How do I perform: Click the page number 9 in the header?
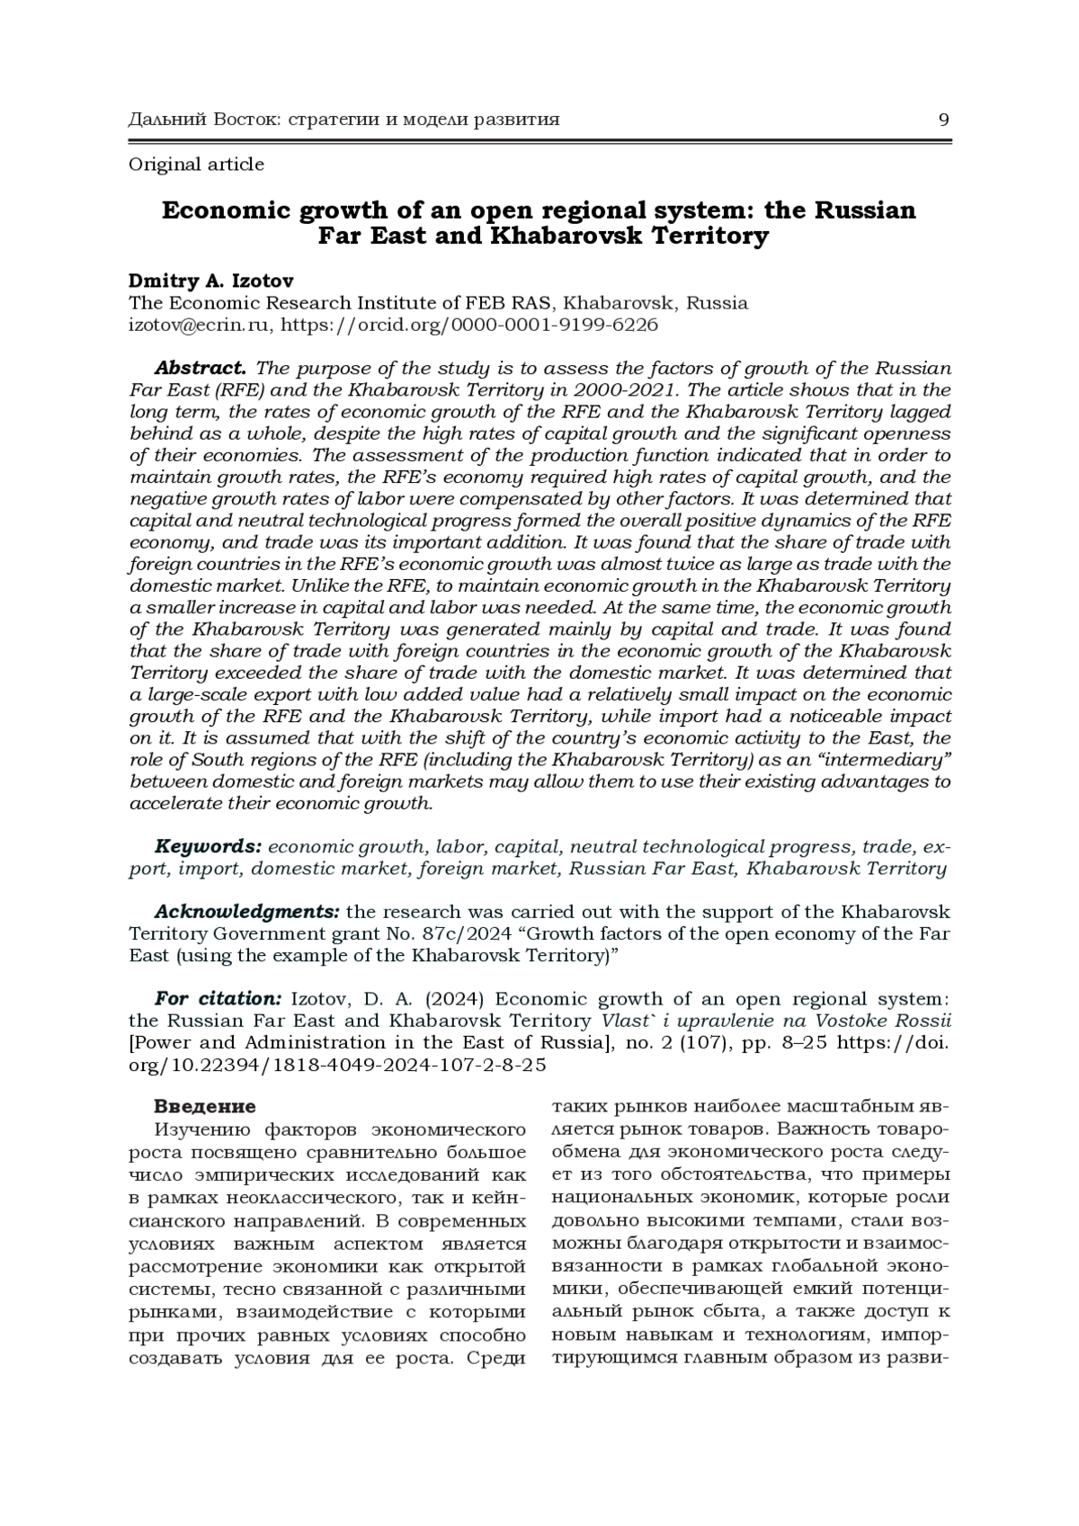[943, 120]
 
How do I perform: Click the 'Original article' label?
[196, 165]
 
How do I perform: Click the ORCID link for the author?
[468, 325]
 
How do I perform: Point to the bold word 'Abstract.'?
[200, 368]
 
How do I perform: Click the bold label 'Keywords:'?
[208, 847]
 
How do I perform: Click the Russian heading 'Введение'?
[205, 1106]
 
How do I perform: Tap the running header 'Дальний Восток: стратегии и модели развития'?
[344, 120]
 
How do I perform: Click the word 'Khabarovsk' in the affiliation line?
[620, 303]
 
